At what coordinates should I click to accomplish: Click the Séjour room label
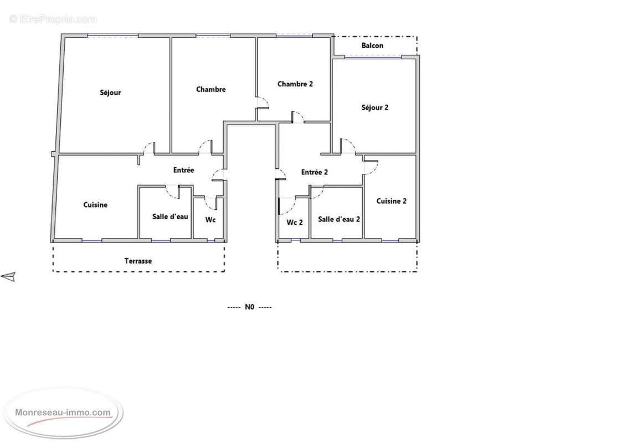point(110,92)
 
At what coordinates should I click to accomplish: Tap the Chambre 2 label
point(295,84)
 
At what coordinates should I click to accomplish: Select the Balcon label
point(372,45)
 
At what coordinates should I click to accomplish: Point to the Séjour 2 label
point(374,107)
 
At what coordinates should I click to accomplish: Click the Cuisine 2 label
point(392,201)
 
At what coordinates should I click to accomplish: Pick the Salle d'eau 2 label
point(339,219)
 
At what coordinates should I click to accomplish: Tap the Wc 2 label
point(295,222)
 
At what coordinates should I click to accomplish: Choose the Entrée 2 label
point(314,172)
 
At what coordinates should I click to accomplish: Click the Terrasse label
point(138,261)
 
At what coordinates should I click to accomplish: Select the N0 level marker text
point(249,307)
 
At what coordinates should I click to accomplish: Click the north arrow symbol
point(8,276)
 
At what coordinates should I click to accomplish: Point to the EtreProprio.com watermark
point(53,19)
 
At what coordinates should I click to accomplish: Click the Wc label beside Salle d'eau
point(210,219)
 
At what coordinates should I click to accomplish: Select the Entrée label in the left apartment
point(183,170)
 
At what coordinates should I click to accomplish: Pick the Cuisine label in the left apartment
point(95,205)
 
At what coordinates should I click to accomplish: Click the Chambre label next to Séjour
point(210,89)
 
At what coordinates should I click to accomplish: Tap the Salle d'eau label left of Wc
point(170,217)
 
